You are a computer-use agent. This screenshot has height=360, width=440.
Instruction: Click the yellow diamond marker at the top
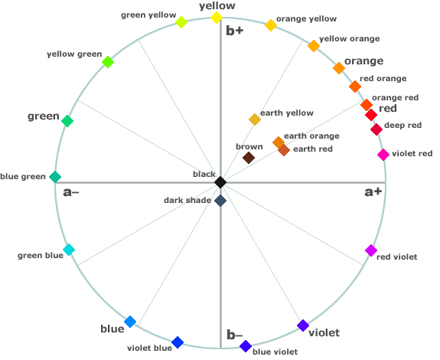217,18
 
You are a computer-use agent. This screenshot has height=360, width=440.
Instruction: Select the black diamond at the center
220,182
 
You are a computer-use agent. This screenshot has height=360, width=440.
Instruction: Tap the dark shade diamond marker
220,201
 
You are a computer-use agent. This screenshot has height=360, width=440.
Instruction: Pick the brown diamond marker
249,158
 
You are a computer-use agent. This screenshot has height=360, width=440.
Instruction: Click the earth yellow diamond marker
255,119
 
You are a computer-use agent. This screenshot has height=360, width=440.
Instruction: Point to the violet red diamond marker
383,155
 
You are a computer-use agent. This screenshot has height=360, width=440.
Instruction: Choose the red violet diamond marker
371,250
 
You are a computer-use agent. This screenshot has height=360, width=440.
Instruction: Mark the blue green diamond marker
55,177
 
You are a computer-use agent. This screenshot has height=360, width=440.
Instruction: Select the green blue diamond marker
69,250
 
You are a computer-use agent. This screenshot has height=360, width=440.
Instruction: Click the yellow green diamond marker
108,62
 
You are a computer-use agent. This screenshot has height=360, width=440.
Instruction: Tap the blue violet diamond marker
246,346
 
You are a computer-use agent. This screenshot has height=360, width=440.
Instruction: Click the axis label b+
235,31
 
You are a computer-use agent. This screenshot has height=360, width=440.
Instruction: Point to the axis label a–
71,192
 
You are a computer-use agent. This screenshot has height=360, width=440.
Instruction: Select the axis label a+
373,192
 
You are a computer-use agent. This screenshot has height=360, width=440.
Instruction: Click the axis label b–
235,335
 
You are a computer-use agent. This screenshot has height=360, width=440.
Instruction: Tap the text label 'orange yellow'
306,19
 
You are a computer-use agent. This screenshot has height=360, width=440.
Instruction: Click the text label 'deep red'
403,126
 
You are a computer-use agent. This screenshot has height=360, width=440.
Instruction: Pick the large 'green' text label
44,116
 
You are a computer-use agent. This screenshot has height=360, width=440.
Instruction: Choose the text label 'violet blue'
149,349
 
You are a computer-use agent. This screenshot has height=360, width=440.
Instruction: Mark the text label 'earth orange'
311,136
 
